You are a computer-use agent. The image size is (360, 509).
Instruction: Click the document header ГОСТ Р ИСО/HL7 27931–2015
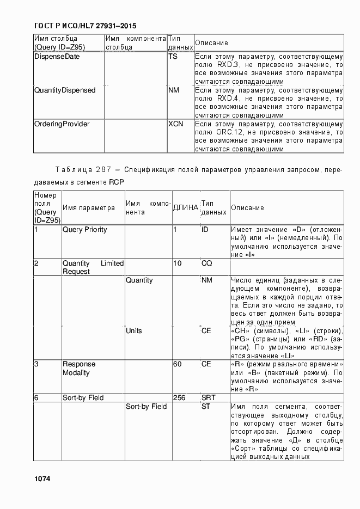click(x=85, y=26)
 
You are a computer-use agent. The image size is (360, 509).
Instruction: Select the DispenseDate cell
click(x=56, y=56)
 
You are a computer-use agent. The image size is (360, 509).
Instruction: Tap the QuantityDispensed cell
click(x=64, y=90)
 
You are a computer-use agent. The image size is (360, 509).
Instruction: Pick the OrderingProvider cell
click(x=62, y=124)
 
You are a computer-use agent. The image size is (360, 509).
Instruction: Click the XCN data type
click(x=175, y=124)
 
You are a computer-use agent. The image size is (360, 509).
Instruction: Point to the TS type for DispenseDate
click(x=173, y=56)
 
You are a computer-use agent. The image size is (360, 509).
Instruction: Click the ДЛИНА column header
click(x=185, y=207)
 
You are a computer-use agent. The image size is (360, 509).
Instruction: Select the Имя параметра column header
click(x=88, y=207)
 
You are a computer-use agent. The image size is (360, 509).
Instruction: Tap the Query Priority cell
click(x=84, y=230)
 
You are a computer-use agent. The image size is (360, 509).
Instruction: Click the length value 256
click(x=179, y=398)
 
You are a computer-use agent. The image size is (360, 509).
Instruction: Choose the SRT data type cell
click(x=209, y=398)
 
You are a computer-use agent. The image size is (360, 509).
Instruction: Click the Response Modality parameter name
click(x=79, y=368)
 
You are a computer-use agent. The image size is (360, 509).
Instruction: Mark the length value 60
click(x=178, y=364)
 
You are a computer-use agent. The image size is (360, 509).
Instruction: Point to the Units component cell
click(x=134, y=330)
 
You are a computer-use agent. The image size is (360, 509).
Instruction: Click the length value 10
click(x=178, y=263)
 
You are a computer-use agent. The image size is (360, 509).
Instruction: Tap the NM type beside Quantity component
click(x=207, y=280)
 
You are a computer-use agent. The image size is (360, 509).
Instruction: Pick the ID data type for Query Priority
click(x=205, y=230)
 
